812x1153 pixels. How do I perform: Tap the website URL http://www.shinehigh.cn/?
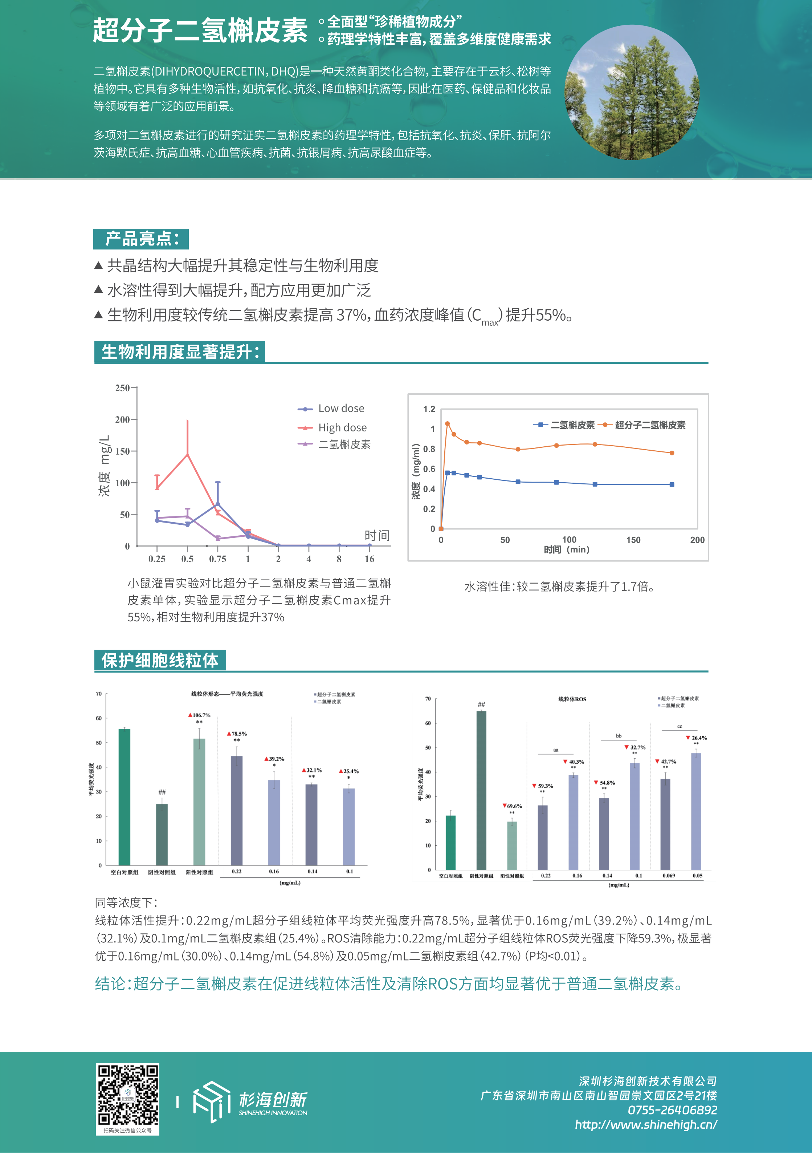(x=645, y=1124)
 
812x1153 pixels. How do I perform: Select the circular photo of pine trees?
(x=632, y=92)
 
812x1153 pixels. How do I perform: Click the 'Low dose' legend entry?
(x=341, y=408)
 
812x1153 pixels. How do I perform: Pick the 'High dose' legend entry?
(x=342, y=427)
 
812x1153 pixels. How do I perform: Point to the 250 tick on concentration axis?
(x=122, y=388)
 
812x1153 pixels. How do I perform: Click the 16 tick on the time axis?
(x=370, y=559)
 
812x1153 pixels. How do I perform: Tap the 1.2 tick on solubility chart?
(x=429, y=409)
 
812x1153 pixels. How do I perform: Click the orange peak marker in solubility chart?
(x=447, y=424)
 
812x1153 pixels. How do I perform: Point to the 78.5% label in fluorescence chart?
(x=237, y=734)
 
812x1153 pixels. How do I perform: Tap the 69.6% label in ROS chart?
(x=513, y=806)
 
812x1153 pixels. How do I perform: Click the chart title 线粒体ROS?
(x=572, y=699)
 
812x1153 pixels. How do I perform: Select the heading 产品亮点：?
(x=141, y=239)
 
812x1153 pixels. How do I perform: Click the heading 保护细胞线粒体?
(x=160, y=660)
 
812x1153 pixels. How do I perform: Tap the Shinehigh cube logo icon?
(x=211, y=1101)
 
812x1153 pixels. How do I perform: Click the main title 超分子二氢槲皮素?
(x=200, y=30)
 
